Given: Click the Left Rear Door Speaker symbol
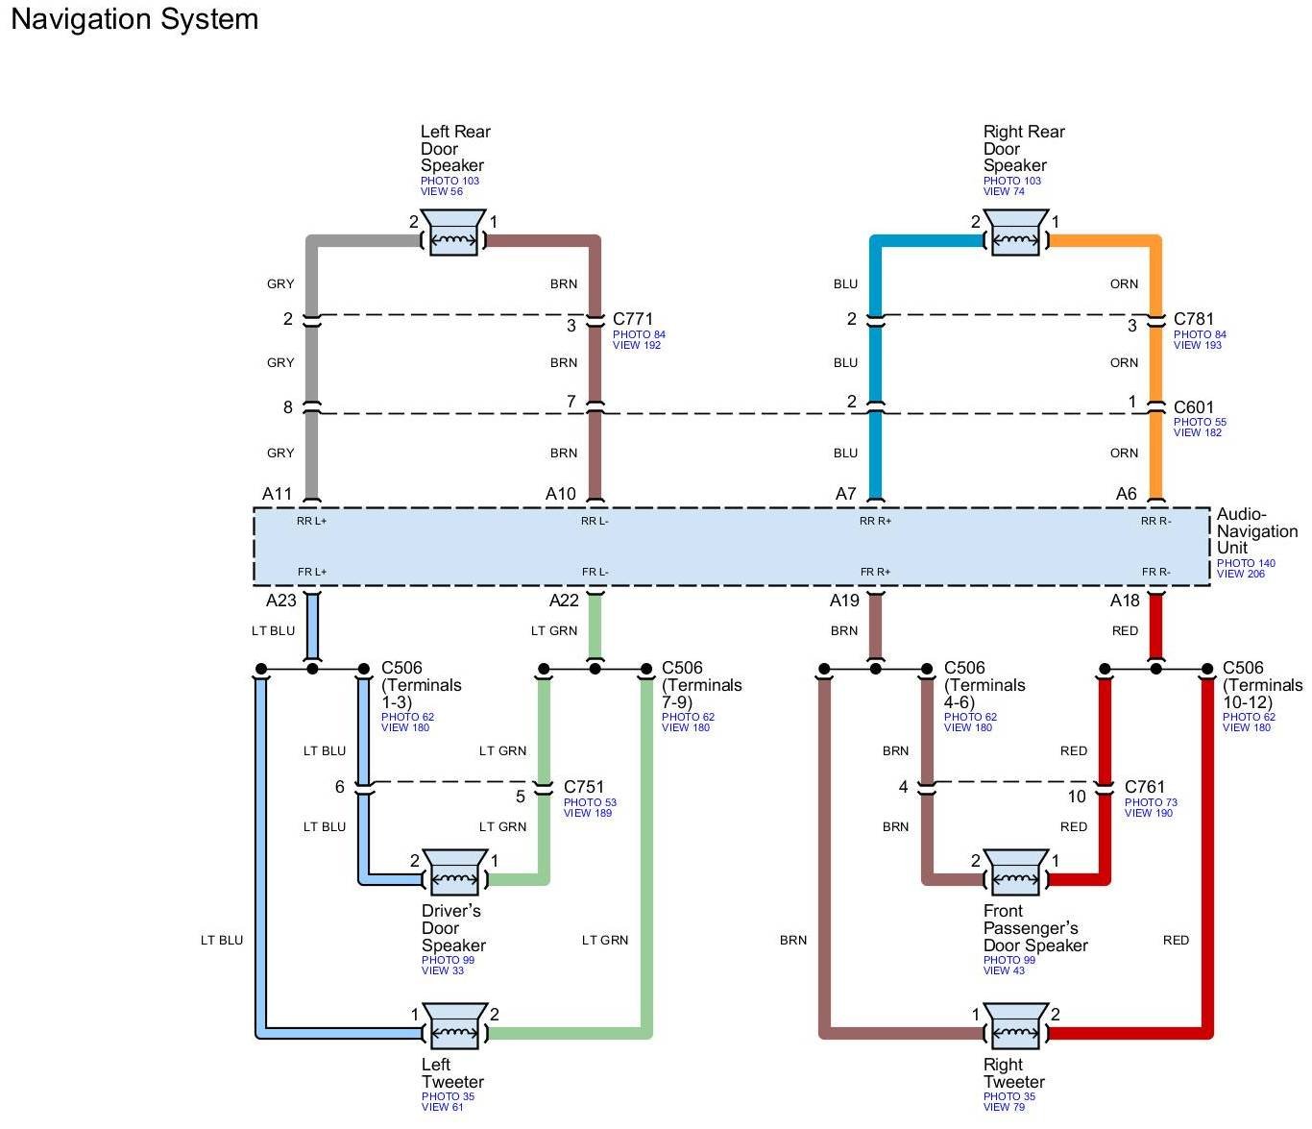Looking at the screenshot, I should click(x=454, y=233).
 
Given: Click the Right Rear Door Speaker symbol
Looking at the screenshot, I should click(x=1015, y=233).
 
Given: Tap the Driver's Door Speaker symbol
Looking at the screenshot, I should click(x=454, y=871).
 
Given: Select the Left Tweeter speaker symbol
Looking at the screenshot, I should click(x=454, y=1026).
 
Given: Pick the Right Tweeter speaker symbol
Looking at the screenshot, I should click(x=1015, y=1026).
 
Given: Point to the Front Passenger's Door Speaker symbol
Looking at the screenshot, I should click(x=1015, y=871).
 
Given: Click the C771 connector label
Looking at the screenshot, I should click(x=633, y=319).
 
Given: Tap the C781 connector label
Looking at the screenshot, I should click(x=1194, y=319).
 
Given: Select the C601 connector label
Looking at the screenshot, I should click(x=1194, y=407).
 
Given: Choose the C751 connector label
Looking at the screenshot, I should click(x=584, y=787).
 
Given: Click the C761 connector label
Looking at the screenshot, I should click(x=1145, y=787).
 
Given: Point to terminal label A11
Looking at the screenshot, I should click(x=278, y=494).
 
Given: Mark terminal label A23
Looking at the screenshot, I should click(x=281, y=601).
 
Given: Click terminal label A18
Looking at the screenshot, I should click(x=1125, y=601).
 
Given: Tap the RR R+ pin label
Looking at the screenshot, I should click(x=875, y=522).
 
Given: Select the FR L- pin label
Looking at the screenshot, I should click(x=595, y=573).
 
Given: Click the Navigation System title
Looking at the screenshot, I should click(x=134, y=19).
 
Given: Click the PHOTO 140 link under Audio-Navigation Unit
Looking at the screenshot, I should click(x=1246, y=563).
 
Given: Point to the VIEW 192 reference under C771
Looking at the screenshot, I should click(x=637, y=346).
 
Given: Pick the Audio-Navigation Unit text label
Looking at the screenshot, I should click(x=1257, y=530).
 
